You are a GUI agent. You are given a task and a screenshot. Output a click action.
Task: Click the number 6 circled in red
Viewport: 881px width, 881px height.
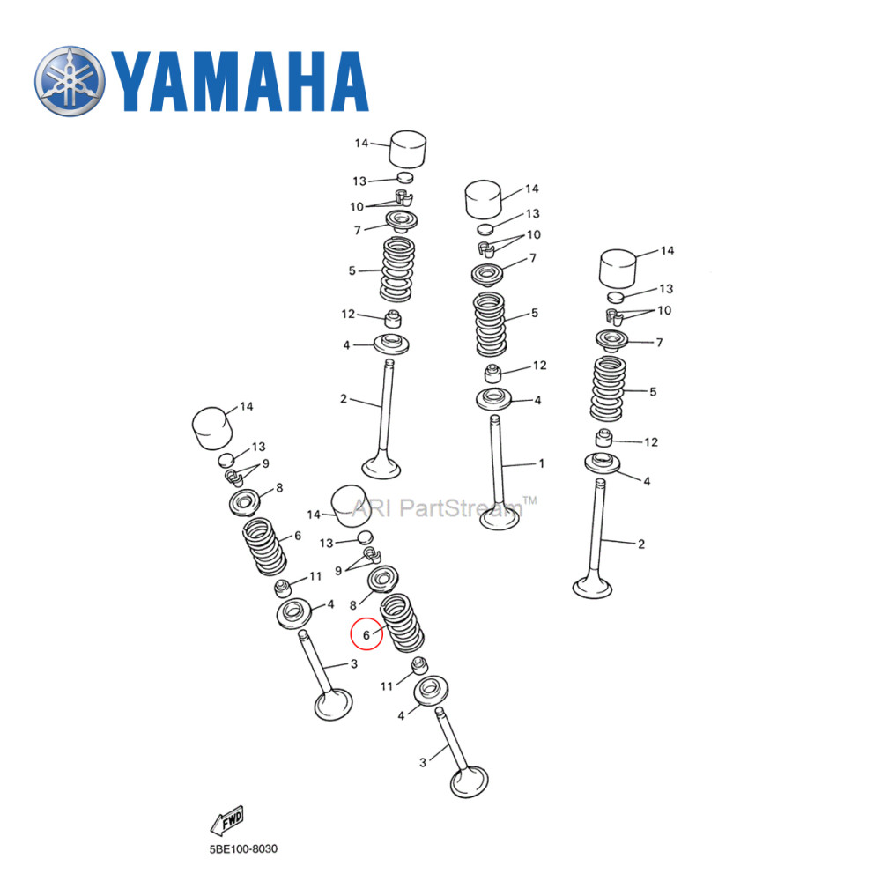[x=366, y=633]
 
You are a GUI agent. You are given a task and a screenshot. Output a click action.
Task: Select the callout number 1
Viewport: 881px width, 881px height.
[x=541, y=463]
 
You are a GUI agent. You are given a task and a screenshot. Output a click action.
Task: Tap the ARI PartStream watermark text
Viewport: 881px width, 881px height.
[x=445, y=507]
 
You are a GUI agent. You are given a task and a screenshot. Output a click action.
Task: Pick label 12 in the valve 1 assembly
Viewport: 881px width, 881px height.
[x=539, y=365]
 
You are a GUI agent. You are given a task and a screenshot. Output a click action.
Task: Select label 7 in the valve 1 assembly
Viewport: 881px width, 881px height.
[x=533, y=258]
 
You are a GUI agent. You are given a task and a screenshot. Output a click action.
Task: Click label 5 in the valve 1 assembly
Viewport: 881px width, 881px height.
[x=535, y=313]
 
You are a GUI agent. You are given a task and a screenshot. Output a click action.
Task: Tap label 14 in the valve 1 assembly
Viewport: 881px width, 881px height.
[x=531, y=189]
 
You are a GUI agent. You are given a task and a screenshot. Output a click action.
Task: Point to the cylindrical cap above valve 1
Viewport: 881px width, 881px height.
[x=483, y=200]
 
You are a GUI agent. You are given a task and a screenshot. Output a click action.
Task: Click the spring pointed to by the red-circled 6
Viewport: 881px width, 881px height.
[x=402, y=623]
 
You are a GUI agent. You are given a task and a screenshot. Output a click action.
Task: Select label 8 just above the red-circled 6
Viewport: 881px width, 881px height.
[x=352, y=606]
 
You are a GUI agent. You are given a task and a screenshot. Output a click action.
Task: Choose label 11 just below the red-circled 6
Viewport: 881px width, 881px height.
[x=387, y=685]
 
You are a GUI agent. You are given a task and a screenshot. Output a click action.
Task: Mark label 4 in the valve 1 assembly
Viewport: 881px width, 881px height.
[x=537, y=401]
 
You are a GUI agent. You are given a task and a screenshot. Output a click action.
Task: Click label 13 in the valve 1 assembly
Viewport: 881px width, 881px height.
[x=533, y=214]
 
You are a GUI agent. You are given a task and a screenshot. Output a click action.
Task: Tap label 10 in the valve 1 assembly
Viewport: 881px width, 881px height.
[x=534, y=235]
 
